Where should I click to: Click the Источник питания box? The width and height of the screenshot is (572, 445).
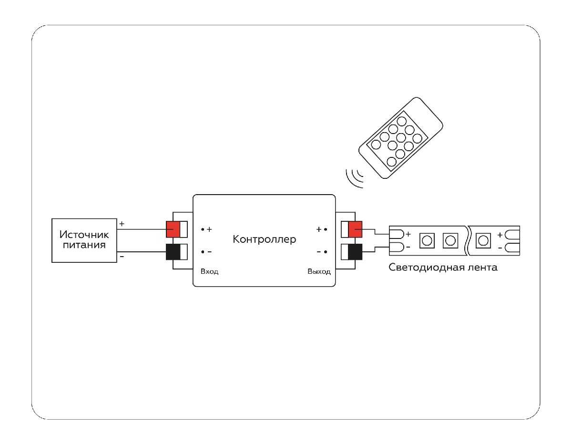point(84,240)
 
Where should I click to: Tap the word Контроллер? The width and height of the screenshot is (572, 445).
point(264,239)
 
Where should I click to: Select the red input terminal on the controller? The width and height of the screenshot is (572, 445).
point(173,229)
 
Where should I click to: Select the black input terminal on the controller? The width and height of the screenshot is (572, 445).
point(173,252)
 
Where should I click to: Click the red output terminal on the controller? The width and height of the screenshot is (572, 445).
point(355,229)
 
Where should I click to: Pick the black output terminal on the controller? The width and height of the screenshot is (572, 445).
point(355,252)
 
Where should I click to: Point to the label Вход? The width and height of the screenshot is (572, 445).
point(209,271)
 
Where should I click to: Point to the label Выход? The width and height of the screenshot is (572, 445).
point(319,271)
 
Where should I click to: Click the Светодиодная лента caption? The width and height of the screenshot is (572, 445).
point(443,267)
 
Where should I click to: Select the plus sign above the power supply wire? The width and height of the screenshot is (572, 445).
point(122,223)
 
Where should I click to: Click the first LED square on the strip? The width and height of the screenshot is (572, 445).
point(426,240)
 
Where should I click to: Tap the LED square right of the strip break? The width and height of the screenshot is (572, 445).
point(484,240)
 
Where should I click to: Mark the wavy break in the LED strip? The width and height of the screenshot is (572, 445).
point(467,239)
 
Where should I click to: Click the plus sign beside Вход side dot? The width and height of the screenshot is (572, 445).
point(209,229)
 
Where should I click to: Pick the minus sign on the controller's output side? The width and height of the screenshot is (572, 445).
point(318,251)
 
